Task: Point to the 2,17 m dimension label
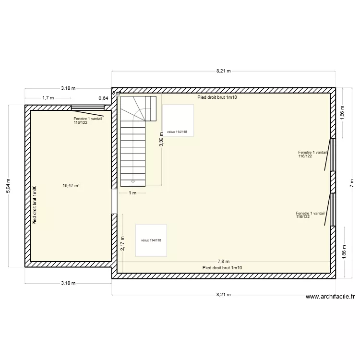click(123, 243)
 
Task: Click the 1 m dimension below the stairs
click(132, 193)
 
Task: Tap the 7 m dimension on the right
click(351, 182)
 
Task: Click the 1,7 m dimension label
click(48, 98)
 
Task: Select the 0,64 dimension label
click(104, 98)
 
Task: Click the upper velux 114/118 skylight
click(178, 120)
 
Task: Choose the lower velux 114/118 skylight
click(151, 240)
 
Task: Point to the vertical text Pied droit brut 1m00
click(34, 205)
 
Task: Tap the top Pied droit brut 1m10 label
click(217, 97)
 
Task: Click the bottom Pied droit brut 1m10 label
click(223, 267)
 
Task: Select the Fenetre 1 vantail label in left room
click(88, 120)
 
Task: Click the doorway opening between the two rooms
click(114, 201)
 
